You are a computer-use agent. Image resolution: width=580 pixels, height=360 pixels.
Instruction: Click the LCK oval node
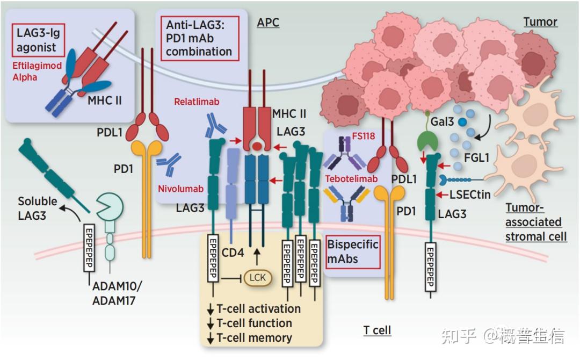(258, 278)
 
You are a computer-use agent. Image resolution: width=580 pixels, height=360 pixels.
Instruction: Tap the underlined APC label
(268, 23)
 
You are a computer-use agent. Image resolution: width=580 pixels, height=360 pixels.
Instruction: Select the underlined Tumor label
(540, 22)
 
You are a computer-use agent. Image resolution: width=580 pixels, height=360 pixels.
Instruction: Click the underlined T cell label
(377, 330)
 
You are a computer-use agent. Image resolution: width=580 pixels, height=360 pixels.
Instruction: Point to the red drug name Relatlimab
(197, 102)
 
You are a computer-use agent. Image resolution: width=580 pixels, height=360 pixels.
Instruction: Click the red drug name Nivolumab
(181, 189)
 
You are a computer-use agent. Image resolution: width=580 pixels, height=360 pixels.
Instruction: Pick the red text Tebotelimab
(351, 179)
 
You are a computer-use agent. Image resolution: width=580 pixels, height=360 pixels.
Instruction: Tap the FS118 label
(363, 136)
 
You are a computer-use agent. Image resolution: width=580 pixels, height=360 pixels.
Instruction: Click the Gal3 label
(442, 121)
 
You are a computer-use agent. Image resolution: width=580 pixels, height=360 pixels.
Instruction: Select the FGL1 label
(476, 158)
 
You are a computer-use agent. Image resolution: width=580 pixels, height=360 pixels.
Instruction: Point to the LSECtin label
(470, 195)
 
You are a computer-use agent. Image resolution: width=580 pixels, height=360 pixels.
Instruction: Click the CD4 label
(233, 253)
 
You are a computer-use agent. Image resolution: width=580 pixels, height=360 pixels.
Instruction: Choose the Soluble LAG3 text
(38, 208)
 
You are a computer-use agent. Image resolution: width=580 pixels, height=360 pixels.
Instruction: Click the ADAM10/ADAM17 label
(117, 293)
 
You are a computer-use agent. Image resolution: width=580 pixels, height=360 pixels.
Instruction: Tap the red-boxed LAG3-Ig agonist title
(38, 40)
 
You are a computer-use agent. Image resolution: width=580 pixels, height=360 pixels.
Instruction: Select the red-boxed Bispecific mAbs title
(352, 251)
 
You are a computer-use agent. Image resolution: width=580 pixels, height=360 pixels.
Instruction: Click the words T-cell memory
(254, 338)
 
